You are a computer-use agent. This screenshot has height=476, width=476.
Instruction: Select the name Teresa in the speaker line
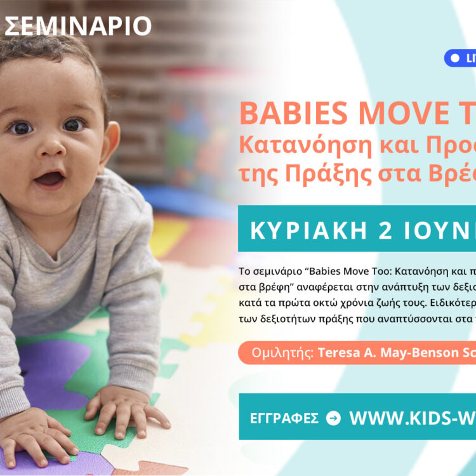[x=341, y=352]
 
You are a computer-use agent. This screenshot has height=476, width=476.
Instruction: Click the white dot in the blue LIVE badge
[x=454, y=58]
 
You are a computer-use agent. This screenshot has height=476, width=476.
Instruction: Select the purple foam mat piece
[x=51, y=374]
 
